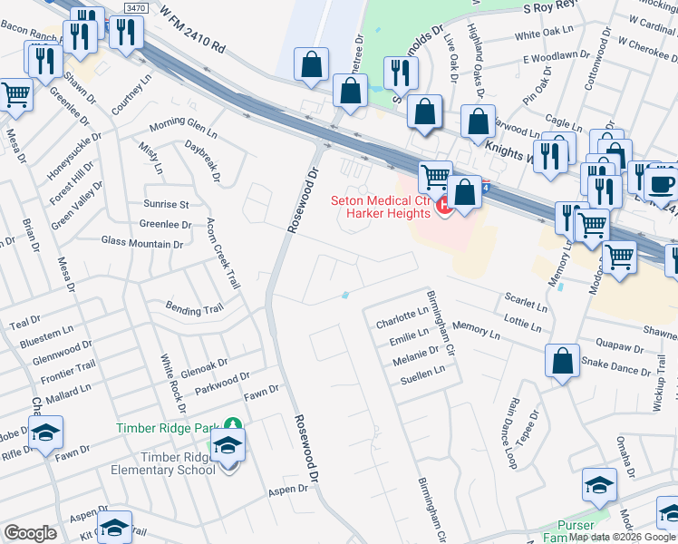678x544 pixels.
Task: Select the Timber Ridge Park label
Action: click(x=169, y=427)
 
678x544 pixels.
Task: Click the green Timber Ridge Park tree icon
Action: click(x=233, y=424)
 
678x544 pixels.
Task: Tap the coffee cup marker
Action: click(x=663, y=181)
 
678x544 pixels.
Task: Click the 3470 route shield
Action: click(x=136, y=7)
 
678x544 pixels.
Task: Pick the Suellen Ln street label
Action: click(x=422, y=371)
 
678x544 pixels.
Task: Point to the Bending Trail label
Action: click(x=193, y=310)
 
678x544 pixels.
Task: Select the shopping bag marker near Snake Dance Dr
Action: click(x=563, y=361)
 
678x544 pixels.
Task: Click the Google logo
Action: click(x=30, y=533)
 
